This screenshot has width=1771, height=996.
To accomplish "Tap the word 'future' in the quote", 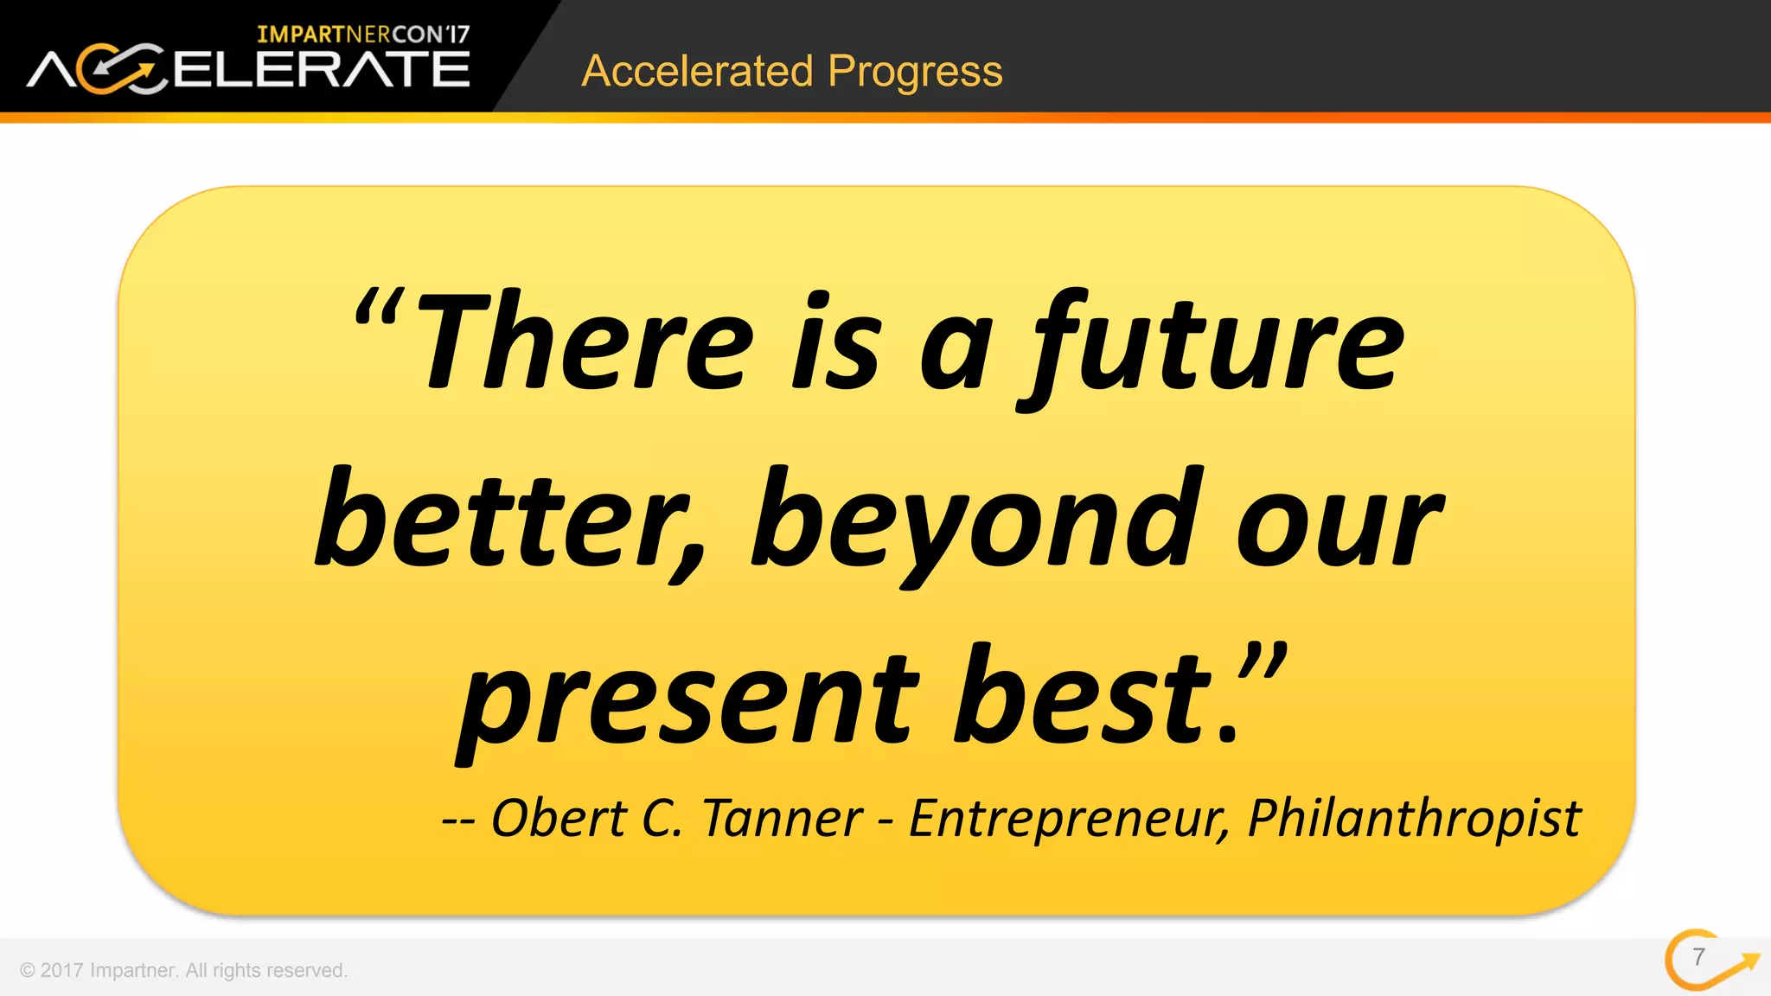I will click(1215, 346).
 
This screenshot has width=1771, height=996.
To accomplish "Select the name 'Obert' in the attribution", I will click(559, 818).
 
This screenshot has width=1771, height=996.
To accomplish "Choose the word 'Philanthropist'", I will click(1413, 820).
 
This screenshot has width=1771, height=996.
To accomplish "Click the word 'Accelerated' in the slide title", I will click(697, 71).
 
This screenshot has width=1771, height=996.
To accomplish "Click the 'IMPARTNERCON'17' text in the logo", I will click(363, 35).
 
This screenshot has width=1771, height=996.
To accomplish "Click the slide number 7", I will click(1698, 957).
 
